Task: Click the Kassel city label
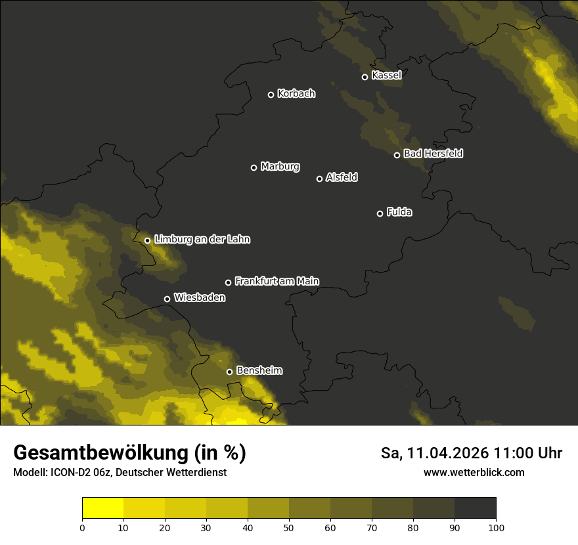(386, 76)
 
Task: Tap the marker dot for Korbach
(271, 95)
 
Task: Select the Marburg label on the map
(280, 167)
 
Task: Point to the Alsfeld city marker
(320, 179)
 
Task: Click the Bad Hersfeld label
(433, 154)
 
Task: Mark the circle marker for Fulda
(380, 213)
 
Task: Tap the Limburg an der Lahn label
(202, 240)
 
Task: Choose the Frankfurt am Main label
(277, 281)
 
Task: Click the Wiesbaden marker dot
(167, 299)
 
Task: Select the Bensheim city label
(259, 371)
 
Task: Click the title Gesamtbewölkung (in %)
(129, 453)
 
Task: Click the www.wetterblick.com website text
(474, 472)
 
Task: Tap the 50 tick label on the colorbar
(289, 527)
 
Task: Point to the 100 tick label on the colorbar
(496, 527)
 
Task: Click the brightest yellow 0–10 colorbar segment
(102, 508)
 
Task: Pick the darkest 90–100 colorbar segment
(475, 508)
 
